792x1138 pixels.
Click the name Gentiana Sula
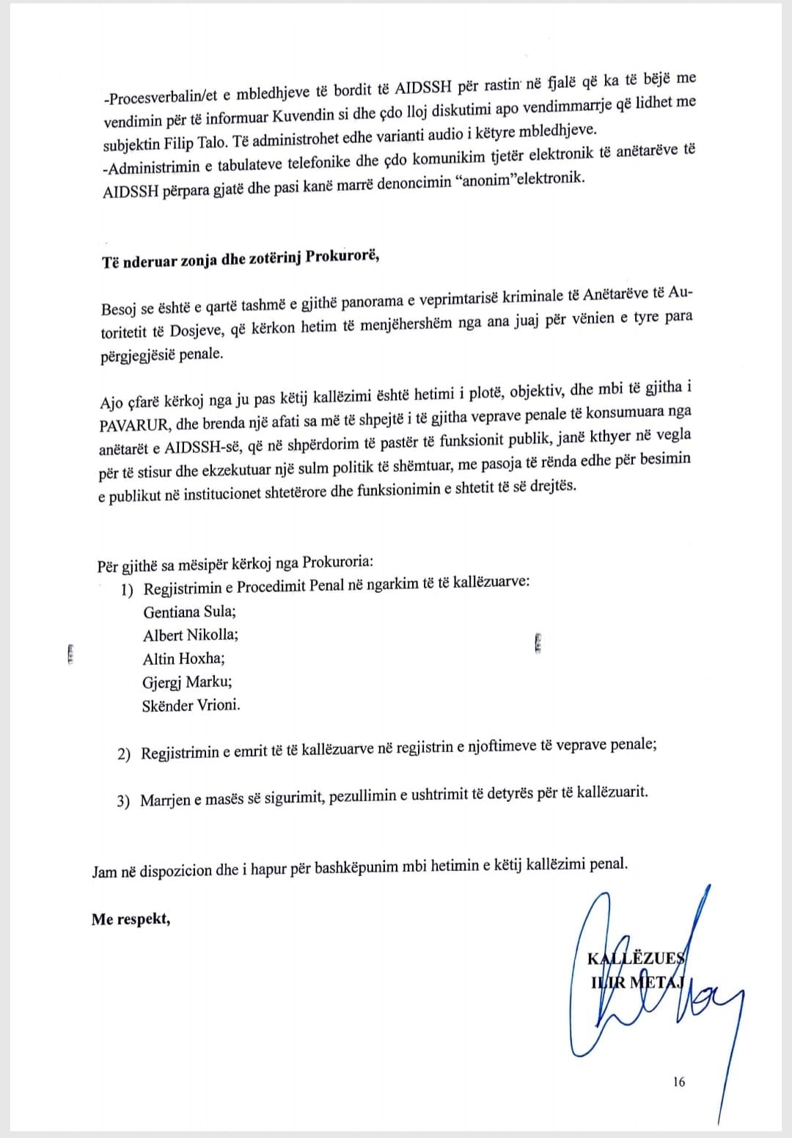point(189,611)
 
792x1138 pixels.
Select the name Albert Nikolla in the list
point(190,635)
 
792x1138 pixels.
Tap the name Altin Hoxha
point(183,658)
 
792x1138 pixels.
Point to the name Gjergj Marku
point(187,682)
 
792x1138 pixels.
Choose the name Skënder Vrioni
point(191,706)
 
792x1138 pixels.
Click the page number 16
point(678,1082)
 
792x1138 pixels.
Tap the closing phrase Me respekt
point(131,919)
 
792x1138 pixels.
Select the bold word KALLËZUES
point(636,958)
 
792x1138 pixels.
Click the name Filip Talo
point(199,143)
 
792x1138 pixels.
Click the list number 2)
point(124,754)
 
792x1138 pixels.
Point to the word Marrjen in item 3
point(165,800)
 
